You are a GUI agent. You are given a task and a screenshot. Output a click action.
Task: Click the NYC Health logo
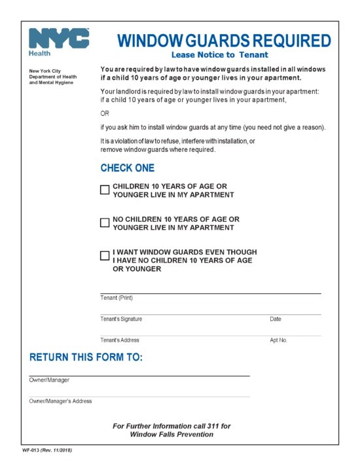59,42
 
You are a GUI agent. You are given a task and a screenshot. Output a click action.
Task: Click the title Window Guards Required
224,41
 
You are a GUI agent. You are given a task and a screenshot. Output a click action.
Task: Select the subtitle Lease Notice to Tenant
220,55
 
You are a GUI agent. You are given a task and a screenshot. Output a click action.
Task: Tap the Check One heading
128,168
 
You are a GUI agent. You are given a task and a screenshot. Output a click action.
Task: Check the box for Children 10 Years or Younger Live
105,190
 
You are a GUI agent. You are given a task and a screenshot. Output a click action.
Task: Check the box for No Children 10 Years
105,223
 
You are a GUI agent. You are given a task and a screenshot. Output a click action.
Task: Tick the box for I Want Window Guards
105,256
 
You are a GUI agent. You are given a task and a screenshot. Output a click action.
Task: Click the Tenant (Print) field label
117,298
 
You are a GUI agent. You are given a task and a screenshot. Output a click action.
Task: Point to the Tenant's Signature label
121,319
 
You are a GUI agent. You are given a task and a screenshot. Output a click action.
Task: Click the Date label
276,319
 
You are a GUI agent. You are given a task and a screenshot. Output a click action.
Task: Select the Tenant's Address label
120,340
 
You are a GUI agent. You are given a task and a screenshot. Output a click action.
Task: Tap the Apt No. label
278,340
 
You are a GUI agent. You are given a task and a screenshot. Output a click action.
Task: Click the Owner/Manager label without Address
49,380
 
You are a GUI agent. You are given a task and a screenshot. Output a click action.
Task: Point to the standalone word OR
105,113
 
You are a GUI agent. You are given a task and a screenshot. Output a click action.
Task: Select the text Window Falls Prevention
171,435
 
